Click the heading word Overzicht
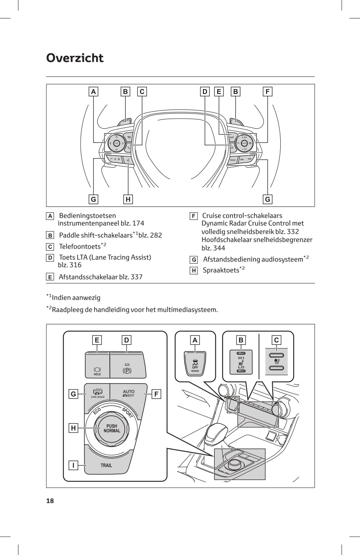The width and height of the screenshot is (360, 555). (75, 58)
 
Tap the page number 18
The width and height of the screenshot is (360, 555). (50, 501)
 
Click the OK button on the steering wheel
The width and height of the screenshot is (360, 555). (117, 143)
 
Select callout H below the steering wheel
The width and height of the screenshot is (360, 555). (128, 199)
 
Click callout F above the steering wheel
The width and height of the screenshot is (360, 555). (267, 91)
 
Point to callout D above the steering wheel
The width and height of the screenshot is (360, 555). (205, 91)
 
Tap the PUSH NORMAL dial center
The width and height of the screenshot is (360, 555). (112, 428)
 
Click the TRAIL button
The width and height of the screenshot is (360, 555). (106, 465)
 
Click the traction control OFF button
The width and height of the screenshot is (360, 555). (195, 363)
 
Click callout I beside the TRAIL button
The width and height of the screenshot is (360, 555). (74, 465)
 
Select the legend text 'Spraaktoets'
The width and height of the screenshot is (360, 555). (221, 270)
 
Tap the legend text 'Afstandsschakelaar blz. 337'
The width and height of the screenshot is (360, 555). (100, 277)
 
